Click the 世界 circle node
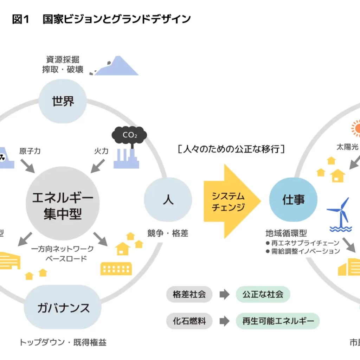(63, 101)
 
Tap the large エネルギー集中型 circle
(63, 203)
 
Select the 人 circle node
(168, 199)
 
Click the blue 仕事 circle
(293, 199)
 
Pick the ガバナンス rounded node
(63, 308)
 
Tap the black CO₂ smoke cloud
(129, 135)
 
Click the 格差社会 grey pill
(189, 294)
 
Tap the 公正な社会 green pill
(263, 294)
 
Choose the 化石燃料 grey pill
(189, 321)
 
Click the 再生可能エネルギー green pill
(277, 321)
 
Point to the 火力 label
(101, 152)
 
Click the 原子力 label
(30, 152)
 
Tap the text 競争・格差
(168, 233)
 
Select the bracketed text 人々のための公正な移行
(231, 149)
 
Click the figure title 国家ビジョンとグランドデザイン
(116, 19)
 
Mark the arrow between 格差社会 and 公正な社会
(224, 295)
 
